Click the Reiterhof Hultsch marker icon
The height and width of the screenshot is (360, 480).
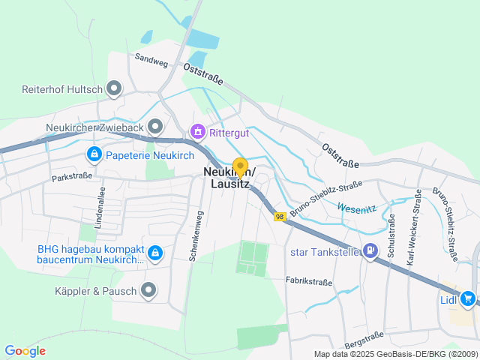tap(115, 89)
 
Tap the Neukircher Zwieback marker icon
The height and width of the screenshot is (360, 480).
tap(155, 125)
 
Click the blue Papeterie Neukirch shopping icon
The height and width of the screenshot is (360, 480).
tap(94, 154)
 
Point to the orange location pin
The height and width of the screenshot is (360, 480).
tap(240, 167)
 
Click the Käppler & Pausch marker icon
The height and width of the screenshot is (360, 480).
tap(148, 289)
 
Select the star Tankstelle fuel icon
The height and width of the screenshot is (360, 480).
tap(370, 251)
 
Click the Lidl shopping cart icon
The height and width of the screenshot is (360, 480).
tap(468, 298)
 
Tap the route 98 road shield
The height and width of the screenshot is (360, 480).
tap(280, 217)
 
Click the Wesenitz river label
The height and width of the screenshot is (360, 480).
tap(355, 208)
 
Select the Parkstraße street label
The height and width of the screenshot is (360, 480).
tap(72, 177)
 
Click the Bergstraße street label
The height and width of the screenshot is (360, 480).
tap(364, 337)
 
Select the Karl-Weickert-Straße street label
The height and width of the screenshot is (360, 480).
tap(412, 238)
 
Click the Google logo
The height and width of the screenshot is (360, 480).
tap(25, 350)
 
